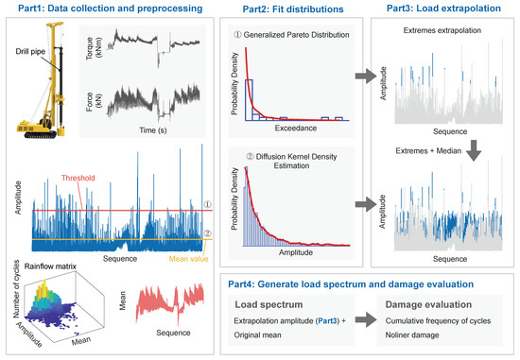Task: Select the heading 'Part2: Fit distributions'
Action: point(281,9)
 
